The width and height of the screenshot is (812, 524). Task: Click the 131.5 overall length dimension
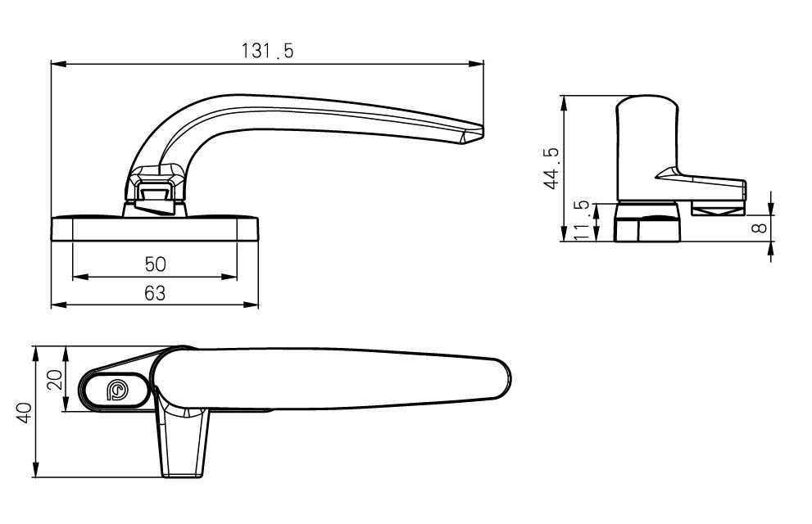(267, 51)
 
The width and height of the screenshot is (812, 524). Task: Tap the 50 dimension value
(156, 264)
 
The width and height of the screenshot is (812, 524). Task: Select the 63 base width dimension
(155, 293)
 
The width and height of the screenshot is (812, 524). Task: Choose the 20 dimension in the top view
(53, 379)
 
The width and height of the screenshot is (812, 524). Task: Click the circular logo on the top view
(116, 391)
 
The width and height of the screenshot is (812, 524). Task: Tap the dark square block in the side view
(647, 224)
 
